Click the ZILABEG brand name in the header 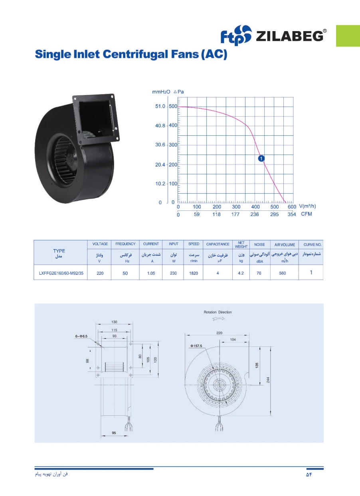[x=289, y=36]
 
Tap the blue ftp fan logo [x=236, y=35]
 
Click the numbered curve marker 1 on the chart [x=261, y=158]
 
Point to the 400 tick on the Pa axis [x=173, y=125]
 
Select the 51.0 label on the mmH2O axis [x=160, y=106]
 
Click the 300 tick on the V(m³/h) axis [x=236, y=207]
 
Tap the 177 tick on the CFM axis [x=235, y=214]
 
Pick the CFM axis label [x=307, y=214]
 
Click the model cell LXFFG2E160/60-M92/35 [x=61, y=273]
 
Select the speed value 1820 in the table [x=194, y=273]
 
